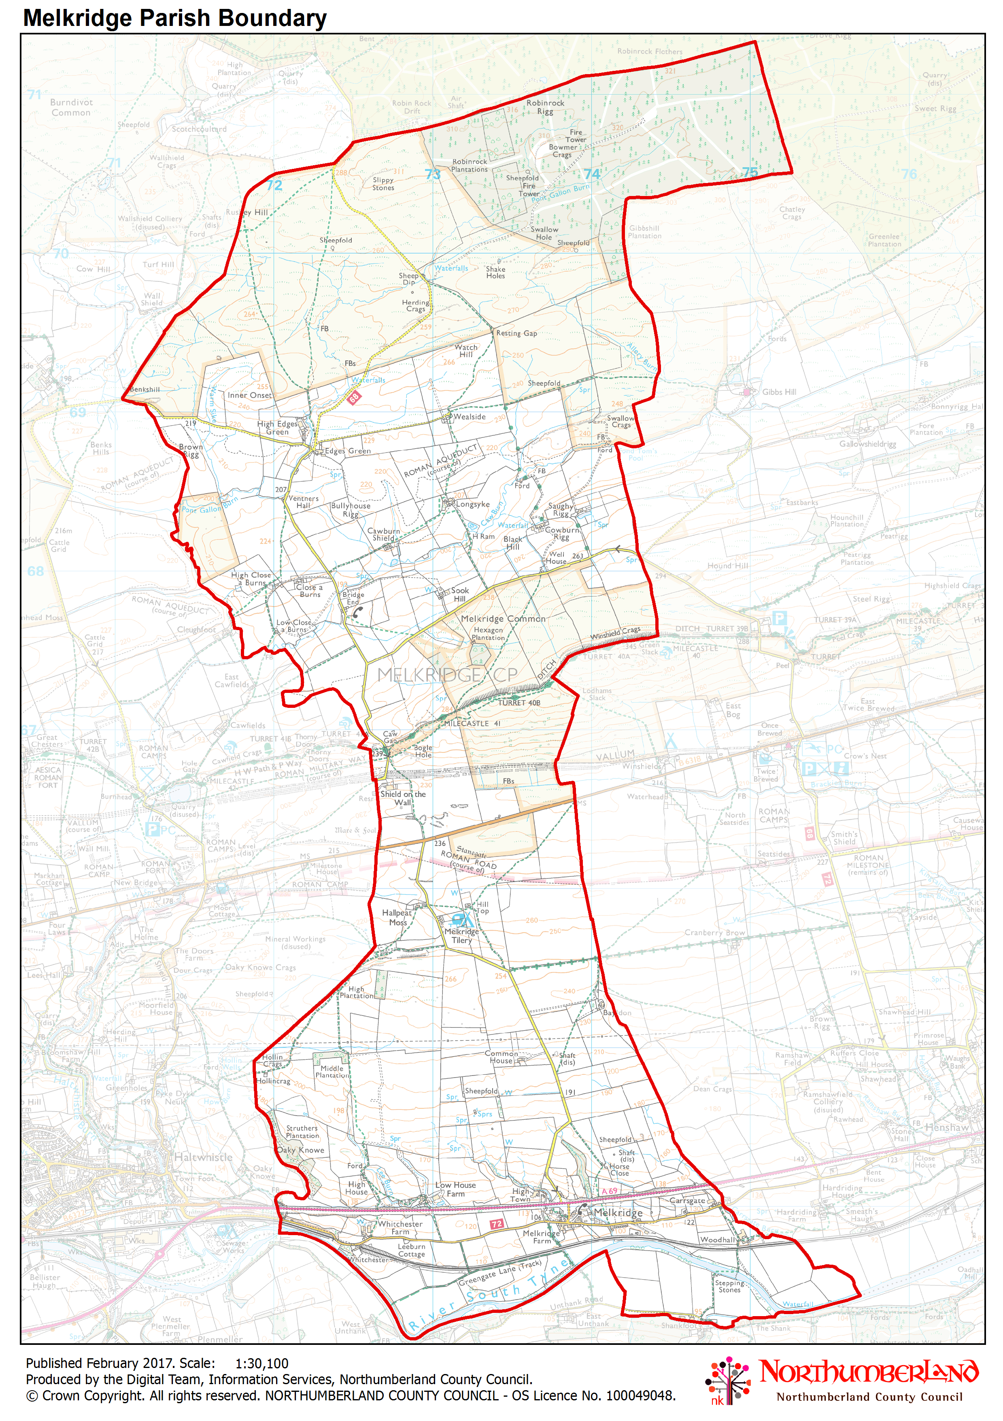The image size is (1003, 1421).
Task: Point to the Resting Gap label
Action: (516, 333)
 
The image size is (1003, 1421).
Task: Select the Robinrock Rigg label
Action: (545, 107)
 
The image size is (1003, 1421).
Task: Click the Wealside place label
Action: (469, 417)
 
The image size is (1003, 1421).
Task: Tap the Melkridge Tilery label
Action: (461, 936)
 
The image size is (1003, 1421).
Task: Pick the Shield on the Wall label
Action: (403, 798)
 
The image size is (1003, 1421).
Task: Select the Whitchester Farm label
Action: (400, 1227)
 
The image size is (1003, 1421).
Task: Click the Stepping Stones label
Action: (729, 1286)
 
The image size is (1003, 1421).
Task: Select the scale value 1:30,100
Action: (262, 1363)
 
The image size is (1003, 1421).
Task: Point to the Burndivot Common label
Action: (71, 107)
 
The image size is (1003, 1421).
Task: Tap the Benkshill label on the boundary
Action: (145, 389)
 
